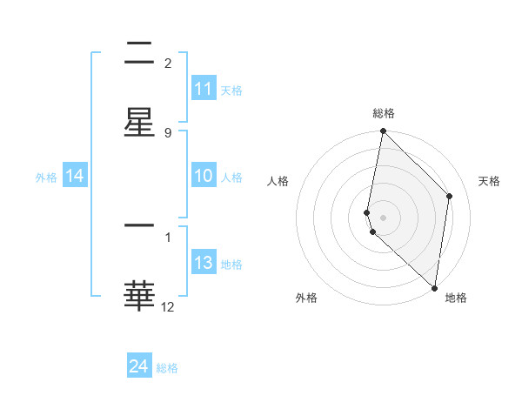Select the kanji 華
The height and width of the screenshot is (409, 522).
pos(139,296)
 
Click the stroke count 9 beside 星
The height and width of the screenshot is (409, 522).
pos(167,133)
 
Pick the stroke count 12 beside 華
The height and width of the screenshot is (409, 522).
pos(167,306)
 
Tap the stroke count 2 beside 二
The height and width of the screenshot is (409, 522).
pos(167,63)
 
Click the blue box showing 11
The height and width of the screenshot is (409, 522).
pos(204,89)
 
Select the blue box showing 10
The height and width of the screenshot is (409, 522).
pos(204,176)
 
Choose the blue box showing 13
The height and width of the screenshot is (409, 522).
pos(204,263)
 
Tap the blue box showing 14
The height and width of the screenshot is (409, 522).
pos(75,176)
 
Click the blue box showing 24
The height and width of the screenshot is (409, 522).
pos(139,366)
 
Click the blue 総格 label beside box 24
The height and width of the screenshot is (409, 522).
pos(167,368)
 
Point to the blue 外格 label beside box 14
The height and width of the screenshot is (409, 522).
pos(46,177)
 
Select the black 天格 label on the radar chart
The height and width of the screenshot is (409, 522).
pos(489,181)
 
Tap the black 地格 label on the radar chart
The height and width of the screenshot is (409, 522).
pos(456,298)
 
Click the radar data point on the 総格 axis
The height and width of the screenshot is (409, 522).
pos(383,131)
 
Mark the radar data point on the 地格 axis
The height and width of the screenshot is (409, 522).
pos(435,288)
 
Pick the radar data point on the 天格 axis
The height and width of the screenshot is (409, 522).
pos(450,196)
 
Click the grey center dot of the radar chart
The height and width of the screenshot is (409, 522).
pos(383,217)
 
